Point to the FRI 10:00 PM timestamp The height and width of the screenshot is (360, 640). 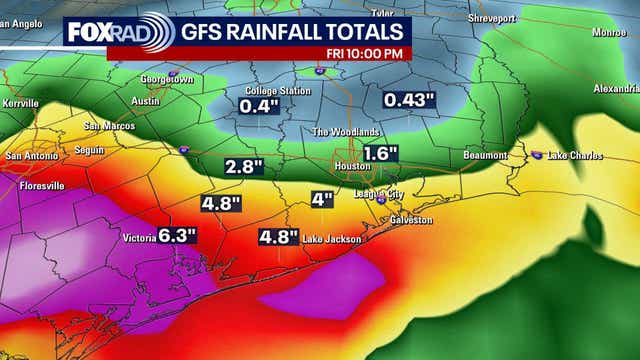[x=365, y=53]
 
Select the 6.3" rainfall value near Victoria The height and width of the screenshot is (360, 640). [x=176, y=236]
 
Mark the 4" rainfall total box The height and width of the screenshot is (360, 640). [x=321, y=199]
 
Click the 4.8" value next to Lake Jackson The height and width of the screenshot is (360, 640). [x=278, y=238]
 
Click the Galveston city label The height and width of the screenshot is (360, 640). [x=410, y=219]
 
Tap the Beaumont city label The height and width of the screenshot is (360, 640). [x=487, y=156]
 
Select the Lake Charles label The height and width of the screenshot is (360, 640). [x=573, y=156]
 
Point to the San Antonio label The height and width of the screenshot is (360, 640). [x=27, y=156]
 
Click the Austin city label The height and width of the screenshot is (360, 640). [x=145, y=100]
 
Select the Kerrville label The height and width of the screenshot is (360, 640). [x=20, y=103]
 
